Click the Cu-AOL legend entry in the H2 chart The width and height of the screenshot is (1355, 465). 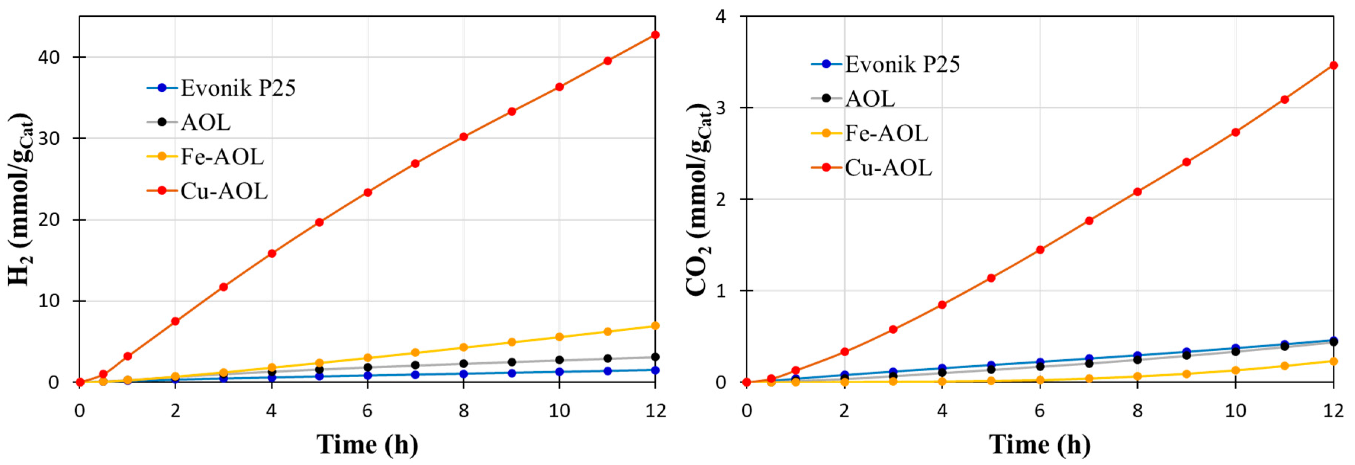223,191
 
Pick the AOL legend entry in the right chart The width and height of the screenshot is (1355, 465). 869,98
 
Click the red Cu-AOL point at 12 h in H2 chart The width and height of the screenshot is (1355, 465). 655,35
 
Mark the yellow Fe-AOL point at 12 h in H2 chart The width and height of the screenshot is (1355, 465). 655,325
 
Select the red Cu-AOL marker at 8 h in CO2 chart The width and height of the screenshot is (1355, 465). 1137,192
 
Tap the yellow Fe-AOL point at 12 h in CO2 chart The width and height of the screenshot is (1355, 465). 1333,361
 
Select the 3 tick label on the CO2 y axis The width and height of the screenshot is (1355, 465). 721,108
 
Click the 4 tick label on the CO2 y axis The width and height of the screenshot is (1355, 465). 721,17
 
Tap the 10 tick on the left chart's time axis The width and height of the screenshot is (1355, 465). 559,411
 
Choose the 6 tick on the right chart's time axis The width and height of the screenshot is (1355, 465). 1039,411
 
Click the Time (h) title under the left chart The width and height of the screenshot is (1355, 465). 367,445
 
